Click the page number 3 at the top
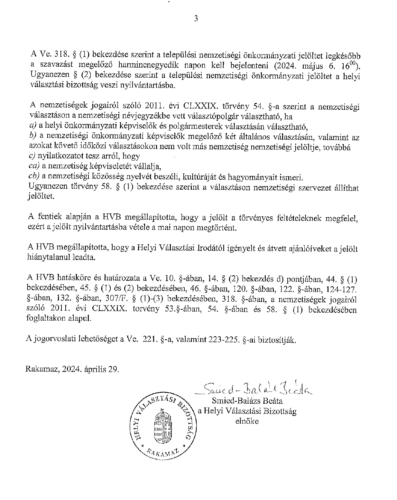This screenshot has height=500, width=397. click(196, 18)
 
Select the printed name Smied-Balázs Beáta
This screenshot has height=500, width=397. click(247, 401)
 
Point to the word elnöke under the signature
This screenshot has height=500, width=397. click(247, 421)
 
